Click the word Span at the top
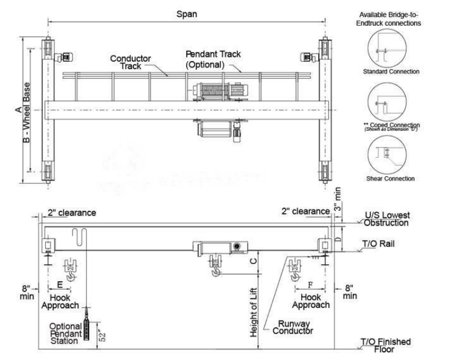tap(187, 13)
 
